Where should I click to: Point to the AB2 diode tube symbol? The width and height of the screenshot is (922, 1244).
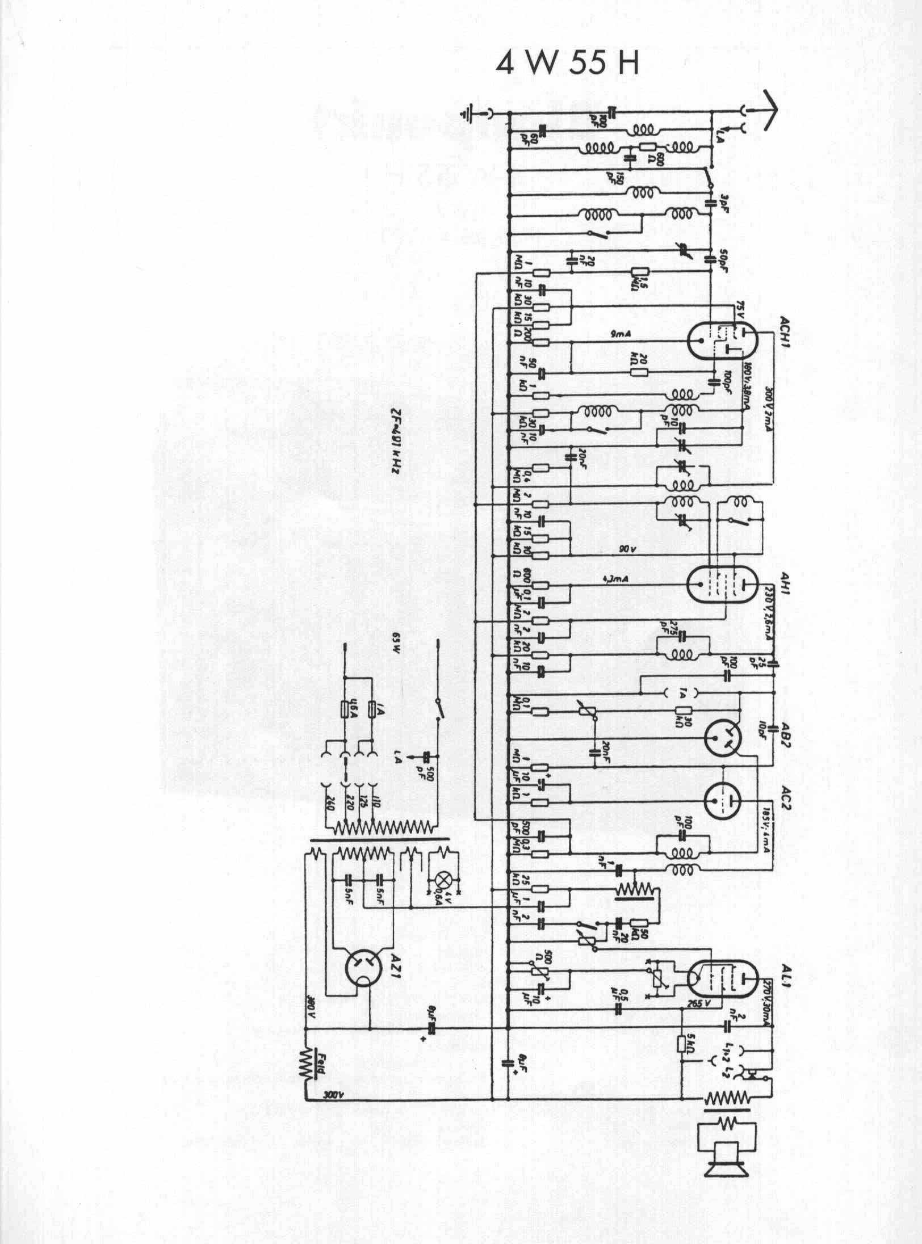click(722, 737)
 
